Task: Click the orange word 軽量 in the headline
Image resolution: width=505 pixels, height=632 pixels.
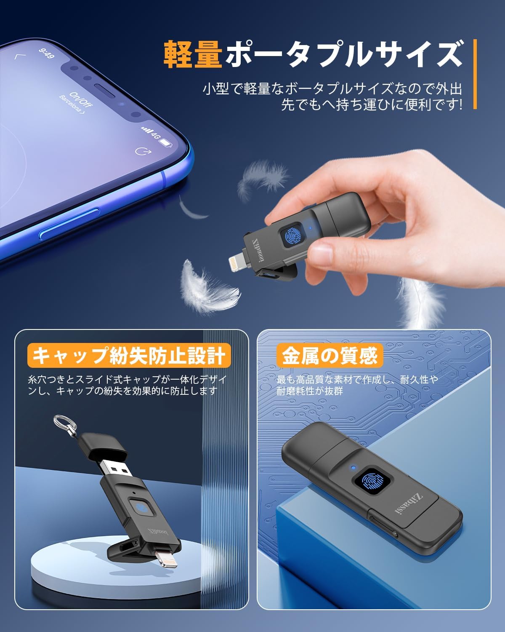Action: point(192,54)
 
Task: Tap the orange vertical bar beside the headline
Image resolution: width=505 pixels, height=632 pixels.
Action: point(475,74)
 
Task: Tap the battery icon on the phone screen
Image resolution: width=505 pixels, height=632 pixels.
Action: point(167,142)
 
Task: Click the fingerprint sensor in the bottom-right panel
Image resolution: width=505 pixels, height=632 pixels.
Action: point(373,482)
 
